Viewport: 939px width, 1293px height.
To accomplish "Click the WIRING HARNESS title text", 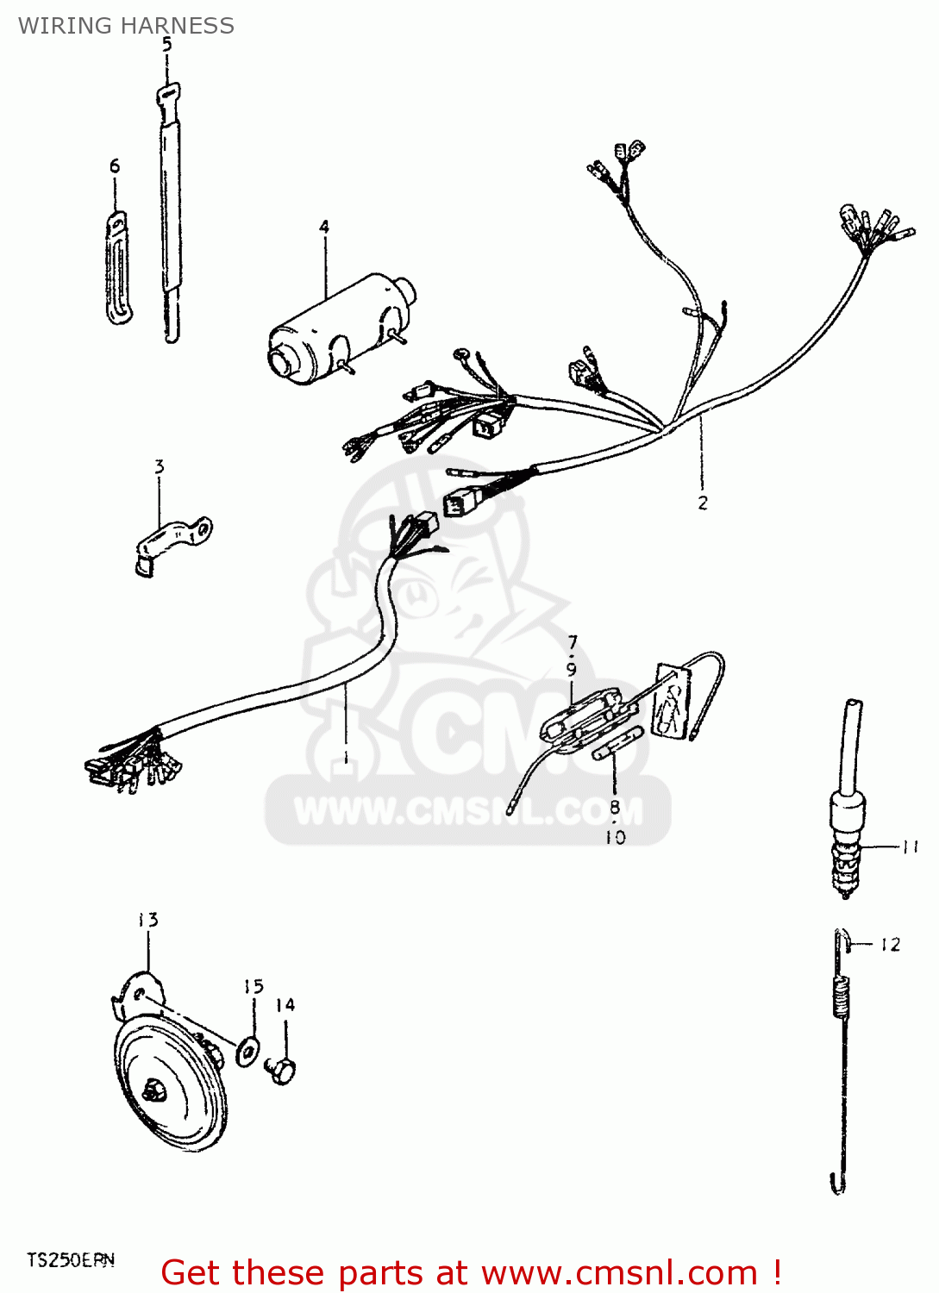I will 126,26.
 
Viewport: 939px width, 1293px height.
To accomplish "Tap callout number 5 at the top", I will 166,44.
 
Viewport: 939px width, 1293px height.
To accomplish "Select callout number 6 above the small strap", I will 115,166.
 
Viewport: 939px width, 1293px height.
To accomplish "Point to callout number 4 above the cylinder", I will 324,227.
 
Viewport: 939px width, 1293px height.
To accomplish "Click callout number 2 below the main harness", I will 703,503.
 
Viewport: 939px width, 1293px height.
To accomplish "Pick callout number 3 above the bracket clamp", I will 159,466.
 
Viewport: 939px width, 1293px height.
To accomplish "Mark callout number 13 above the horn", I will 148,920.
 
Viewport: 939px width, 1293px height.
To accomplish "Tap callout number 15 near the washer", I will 253,986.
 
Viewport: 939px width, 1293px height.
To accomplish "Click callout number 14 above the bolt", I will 285,1005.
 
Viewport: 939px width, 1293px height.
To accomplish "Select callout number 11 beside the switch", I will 910,846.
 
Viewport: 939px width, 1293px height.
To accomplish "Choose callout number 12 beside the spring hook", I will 890,945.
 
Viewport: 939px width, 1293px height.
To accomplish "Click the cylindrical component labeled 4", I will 342,328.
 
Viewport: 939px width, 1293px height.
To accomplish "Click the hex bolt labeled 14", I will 282,1071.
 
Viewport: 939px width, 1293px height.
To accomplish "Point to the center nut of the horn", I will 155,1091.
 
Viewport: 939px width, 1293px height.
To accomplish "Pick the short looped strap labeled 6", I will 118,268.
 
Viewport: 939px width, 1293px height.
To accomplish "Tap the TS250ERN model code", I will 70,1260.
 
